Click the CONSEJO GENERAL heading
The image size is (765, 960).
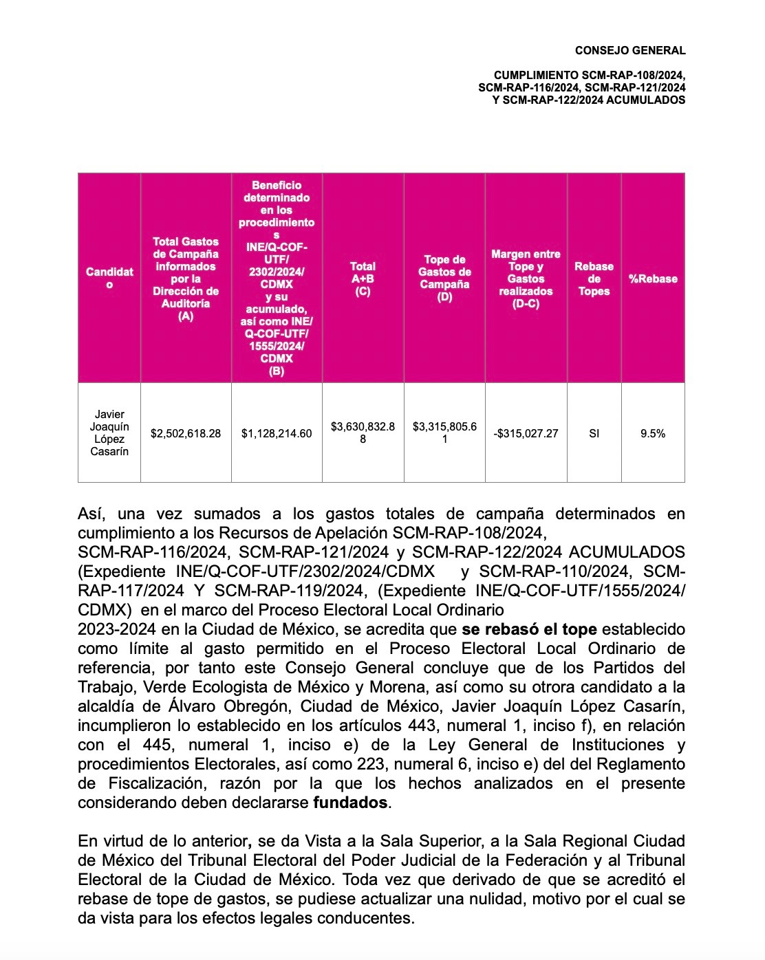coord(630,50)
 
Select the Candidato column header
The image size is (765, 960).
coord(109,279)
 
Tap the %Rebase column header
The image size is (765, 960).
coord(653,279)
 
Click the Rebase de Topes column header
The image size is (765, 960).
coord(594,279)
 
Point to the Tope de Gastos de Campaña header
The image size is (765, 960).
coord(444,279)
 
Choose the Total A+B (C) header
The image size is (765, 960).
coord(363,279)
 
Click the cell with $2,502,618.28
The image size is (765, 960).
coord(186,433)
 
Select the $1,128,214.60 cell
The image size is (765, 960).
coord(277,433)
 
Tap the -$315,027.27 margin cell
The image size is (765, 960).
coord(526,433)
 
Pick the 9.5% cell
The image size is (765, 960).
coord(653,433)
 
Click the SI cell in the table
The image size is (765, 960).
coord(594,433)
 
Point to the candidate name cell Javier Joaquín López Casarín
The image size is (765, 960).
coord(109,433)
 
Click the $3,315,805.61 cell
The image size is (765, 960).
coord(444,433)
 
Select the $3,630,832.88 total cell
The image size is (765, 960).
coord(363,433)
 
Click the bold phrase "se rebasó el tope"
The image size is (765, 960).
coord(529,629)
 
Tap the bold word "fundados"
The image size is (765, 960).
coord(350,803)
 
